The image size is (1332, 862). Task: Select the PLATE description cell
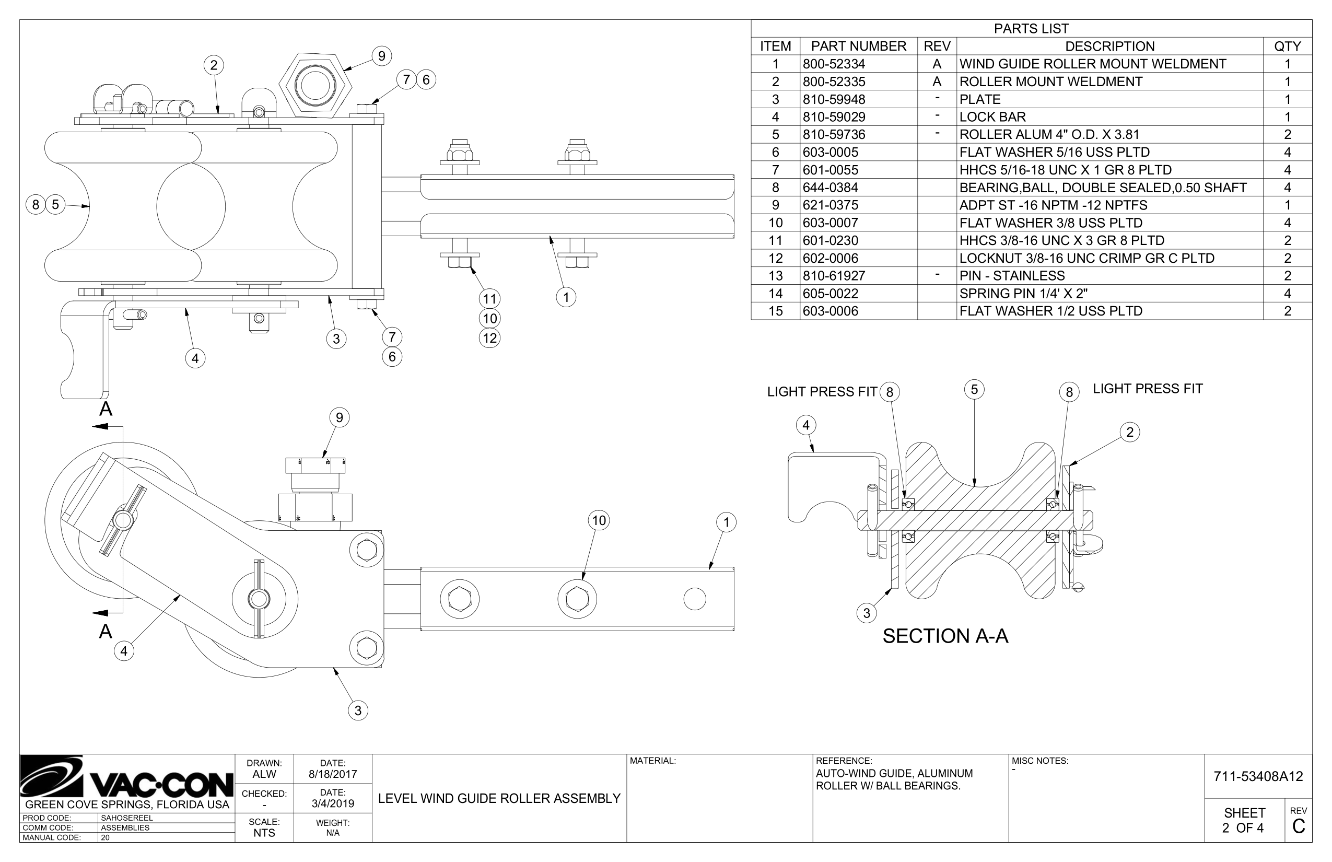click(x=979, y=100)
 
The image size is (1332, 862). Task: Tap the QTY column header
click(x=1287, y=46)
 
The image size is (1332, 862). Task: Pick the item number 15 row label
click(x=775, y=311)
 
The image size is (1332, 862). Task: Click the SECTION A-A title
click(x=945, y=636)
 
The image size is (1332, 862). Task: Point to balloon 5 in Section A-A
click(x=974, y=390)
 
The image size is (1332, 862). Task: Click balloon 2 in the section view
click(x=1129, y=432)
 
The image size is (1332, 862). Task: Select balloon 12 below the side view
click(x=490, y=338)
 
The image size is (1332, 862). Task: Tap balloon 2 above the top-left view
click(x=213, y=65)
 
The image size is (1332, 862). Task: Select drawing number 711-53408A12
click(x=1258, y=776)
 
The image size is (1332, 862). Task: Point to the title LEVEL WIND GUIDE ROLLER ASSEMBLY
click(x=499, y=798)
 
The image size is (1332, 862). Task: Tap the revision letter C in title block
click(x=1298, y=826)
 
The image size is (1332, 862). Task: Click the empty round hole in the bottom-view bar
click(x=695, y=599)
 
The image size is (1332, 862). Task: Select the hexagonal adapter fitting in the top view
click(x=315, y=86)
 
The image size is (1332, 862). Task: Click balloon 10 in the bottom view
click(x=599, y=520)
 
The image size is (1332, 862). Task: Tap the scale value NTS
click(x=264, y=832)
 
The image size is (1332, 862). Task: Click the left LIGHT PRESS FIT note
click(x=822, y=392)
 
